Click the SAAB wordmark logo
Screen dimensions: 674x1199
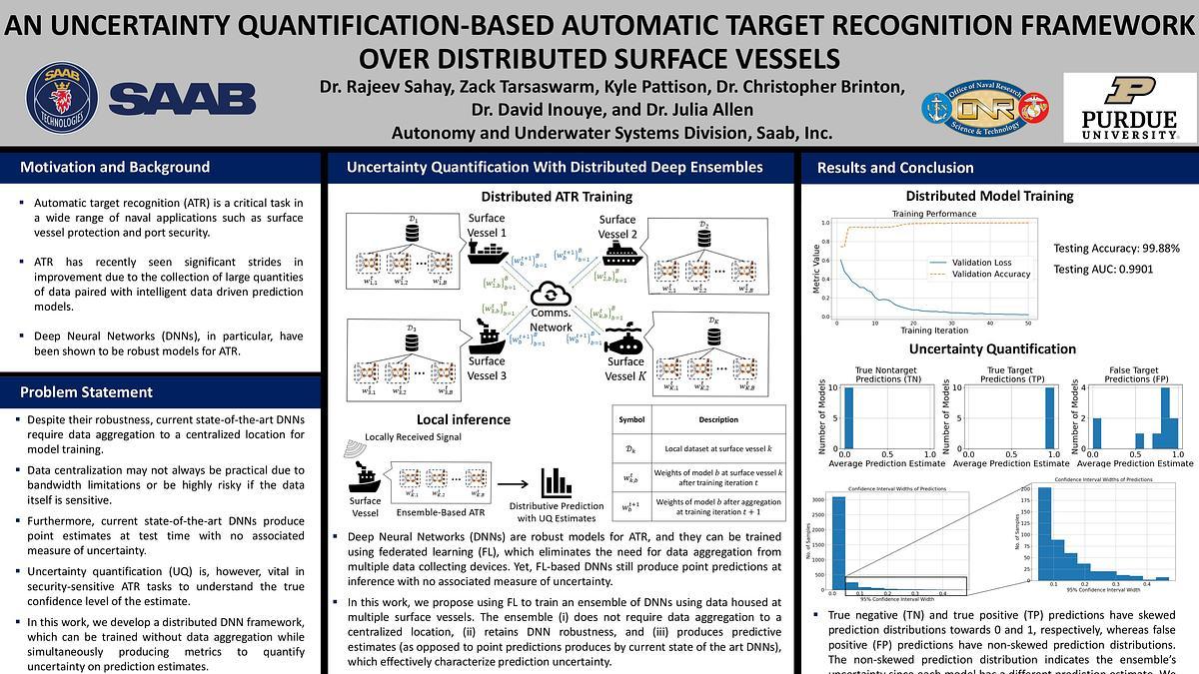(182, 99)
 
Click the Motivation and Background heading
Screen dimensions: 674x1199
(115, 168)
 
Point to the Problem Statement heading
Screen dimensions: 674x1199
(87, 391)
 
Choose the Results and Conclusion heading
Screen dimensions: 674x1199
(895, 168)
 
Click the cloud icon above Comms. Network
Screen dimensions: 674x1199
(551, 295)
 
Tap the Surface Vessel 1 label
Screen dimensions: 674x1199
(488, 226)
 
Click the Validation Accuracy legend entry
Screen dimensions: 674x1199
(990, 274)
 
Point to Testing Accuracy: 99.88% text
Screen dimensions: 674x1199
(1116, 248)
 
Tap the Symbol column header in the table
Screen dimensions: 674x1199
(632, 419)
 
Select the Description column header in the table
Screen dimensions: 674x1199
(717, 419)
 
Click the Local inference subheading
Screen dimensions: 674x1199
(463, 419)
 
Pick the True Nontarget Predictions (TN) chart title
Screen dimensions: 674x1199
(878, 374)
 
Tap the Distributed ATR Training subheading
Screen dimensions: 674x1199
(557, 197)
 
